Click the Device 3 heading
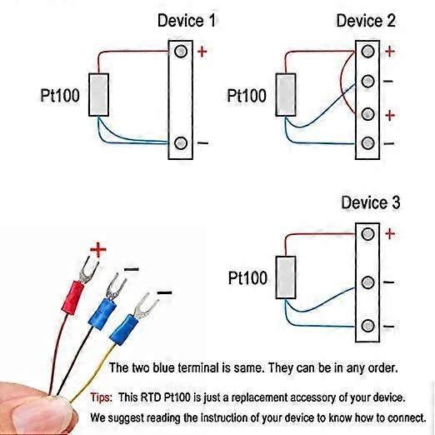(370, 202)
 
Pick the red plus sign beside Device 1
(202, 52)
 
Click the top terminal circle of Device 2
(367, 52)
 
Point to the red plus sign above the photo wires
(98, 248)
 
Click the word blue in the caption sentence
(177, 367)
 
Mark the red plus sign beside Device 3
(390, 234)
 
